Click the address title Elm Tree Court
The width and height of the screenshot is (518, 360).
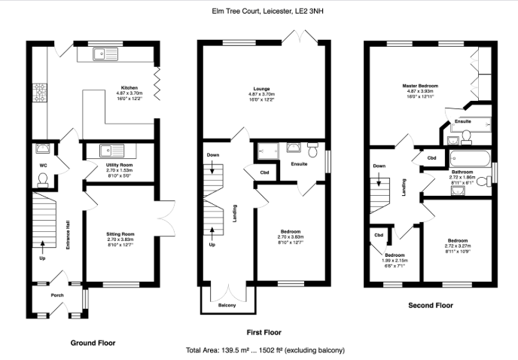[x=258, y=11]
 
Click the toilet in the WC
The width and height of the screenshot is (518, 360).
[x=42, y=178]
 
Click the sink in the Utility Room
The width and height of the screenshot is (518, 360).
[x=99, y=150]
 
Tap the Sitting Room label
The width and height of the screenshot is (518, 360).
[x=119, y=234]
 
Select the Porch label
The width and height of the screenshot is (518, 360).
[x=57, y=295]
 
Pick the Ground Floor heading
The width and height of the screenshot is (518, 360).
[x=93, y=342]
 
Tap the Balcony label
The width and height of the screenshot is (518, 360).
[x=227, y=305]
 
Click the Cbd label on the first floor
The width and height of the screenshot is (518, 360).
[x=264, y=172]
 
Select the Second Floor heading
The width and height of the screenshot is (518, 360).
[x=430, y=306]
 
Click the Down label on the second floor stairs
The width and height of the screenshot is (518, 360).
[x=379, y=166]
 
